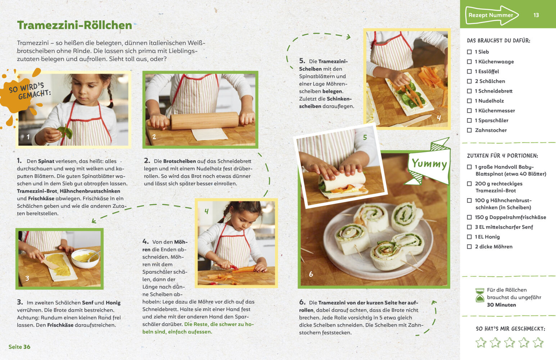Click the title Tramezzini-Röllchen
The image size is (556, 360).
pyautogui.click(x=74, y=25)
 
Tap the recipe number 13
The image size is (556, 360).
pyautogui.click(x=536, y=15)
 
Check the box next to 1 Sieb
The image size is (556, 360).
pyautogui.click(x=469, y=52)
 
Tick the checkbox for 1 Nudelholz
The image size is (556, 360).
pyautogui.click(x=469, y=101)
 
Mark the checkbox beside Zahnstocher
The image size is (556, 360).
pyautogui.click(x=469, y=130)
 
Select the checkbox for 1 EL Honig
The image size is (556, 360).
pyautogui.click(x=469, y=237)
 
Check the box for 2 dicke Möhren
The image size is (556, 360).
pyautogui.click(x=469, y=247)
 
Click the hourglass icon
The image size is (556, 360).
pyautogui.click(x=480, y=295)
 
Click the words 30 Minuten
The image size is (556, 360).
pyautogui.click(x=501, y=305)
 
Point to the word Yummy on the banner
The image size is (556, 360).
pyautogui.click(x=429, y=164)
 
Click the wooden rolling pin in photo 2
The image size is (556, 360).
pyautogui.click(x=201, y=121)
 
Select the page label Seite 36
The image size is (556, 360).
pyautogui.click(x=19, y=347)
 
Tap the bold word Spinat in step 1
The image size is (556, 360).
pyautogui.click(x=46, y=161)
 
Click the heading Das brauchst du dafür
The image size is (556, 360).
pyautogui.click(x=498, y=40)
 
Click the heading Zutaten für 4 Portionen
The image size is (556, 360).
pyautogui.click(x=502, y=156)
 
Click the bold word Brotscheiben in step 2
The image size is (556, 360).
pyautogui.click(x=180, y=161)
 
